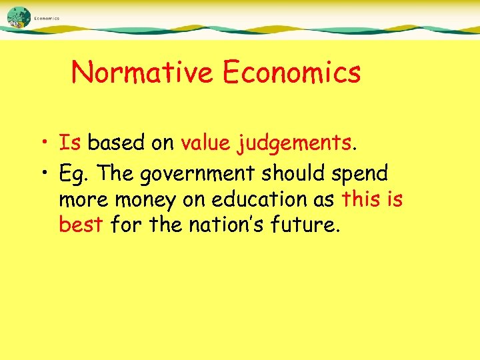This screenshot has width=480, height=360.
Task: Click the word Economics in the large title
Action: pyautogui.click(x=292, y=72)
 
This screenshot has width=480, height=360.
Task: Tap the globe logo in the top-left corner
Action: pyautogui.click(x=19, y=17)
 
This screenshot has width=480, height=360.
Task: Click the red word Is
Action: pyautogui.click(x=69, y=143)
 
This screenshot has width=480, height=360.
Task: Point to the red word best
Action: pyautogui.click(x=81, y=225)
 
